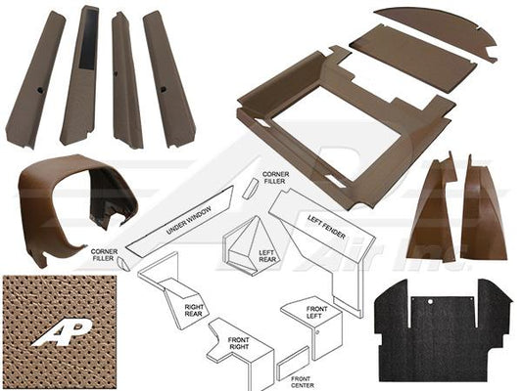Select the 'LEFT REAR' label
point(266,255)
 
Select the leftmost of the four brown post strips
point(35,78)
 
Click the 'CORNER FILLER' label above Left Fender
point(274,177)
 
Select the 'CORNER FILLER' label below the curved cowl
point(105,255)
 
